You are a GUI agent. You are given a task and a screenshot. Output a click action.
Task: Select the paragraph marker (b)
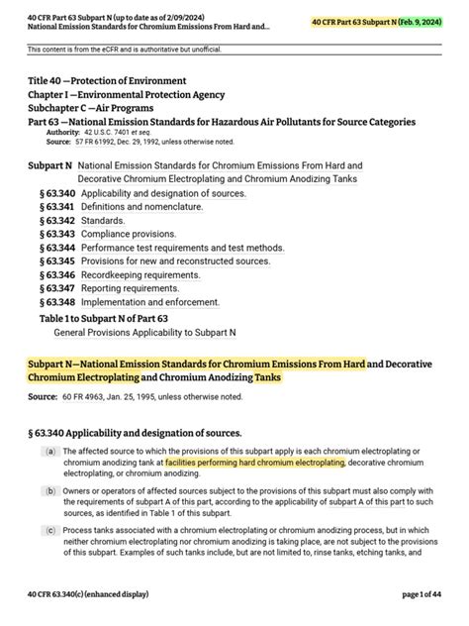tap(49, 490)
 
